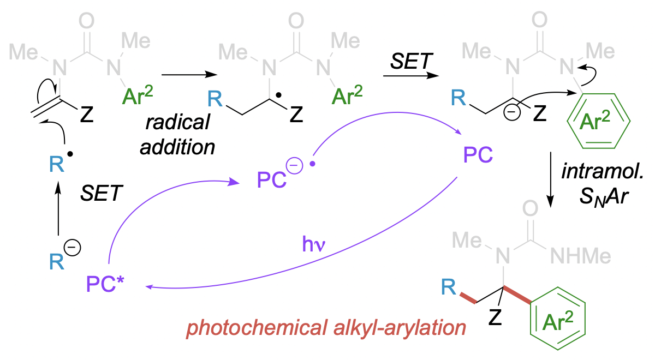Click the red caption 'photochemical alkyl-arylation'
(326, 329)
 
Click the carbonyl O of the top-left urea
(86, 22)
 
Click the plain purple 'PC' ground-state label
(477, 156)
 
